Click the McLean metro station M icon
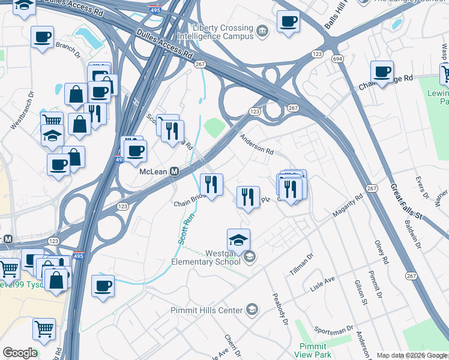174,172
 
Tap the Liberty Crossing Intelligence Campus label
223,32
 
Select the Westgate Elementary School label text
206,257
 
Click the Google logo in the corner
20,353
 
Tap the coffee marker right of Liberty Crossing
288,22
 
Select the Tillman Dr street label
301,264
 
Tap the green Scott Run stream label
185,230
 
